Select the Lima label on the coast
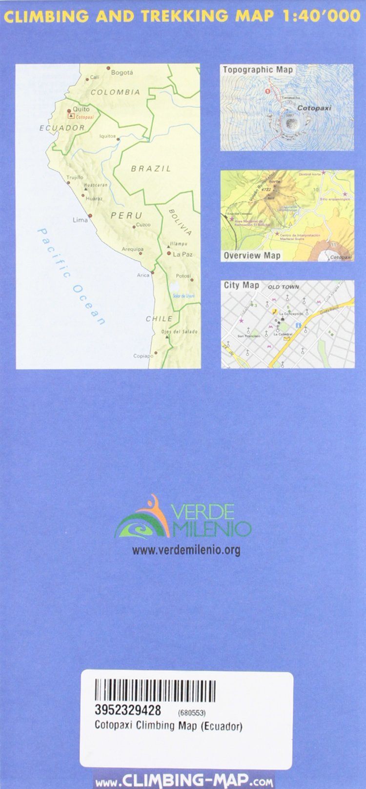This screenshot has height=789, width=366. [80, 220]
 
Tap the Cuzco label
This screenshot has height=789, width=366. [142, 225]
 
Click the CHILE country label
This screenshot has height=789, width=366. [159, 318]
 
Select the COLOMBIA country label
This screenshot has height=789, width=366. [115, 92]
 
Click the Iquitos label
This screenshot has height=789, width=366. [107, 136]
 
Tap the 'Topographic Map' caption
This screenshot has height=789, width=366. [258, 70]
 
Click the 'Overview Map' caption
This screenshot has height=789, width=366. [252, 255]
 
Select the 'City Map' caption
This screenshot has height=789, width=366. [241, 285]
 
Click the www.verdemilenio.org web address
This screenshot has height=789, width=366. [186, 551]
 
